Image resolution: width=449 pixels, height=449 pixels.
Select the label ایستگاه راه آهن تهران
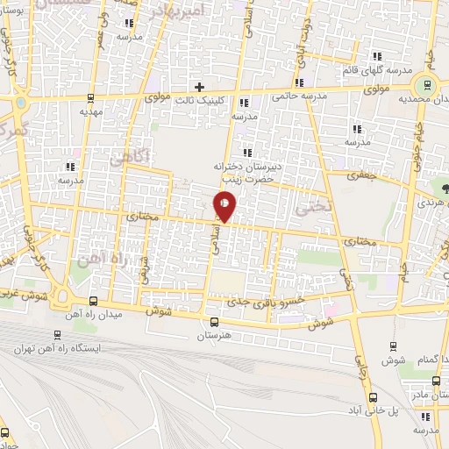(x=59, y=348)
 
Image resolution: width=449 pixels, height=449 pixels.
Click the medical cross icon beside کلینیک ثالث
(x=200, y=87)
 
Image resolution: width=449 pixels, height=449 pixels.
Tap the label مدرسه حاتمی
(x=299, y=96)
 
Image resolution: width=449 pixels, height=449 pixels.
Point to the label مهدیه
(x=91, y=112)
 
